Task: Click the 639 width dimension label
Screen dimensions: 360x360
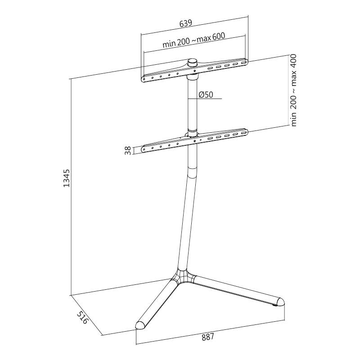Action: tap(185, 24)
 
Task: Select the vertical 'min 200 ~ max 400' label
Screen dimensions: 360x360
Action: tap(294, 90)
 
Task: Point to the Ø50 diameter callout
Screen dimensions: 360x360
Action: tap(206, 94)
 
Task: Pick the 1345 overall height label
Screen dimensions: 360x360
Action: tap(66, 178)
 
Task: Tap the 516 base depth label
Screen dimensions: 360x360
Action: tap(82, 318)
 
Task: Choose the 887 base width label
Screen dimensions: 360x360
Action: tap(208, 337)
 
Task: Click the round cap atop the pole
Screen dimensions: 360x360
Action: tap(193, 62)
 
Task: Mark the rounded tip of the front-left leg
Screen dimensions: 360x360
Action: tap(141, 325)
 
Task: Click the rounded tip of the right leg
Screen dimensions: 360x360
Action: tap(280, 301)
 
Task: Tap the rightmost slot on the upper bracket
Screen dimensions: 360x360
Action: tap(243, 62)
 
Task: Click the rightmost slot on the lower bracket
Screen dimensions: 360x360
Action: tap(243, 133)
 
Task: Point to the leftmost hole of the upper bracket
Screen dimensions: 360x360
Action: tap(144, 79)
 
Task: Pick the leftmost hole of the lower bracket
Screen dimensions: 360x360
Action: tap(144, 149)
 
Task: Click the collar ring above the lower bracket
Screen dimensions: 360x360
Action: tap(193, 133)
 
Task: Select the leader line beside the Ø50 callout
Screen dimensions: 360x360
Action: tap(205, 99)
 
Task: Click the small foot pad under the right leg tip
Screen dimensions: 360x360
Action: tap(274, 306)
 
